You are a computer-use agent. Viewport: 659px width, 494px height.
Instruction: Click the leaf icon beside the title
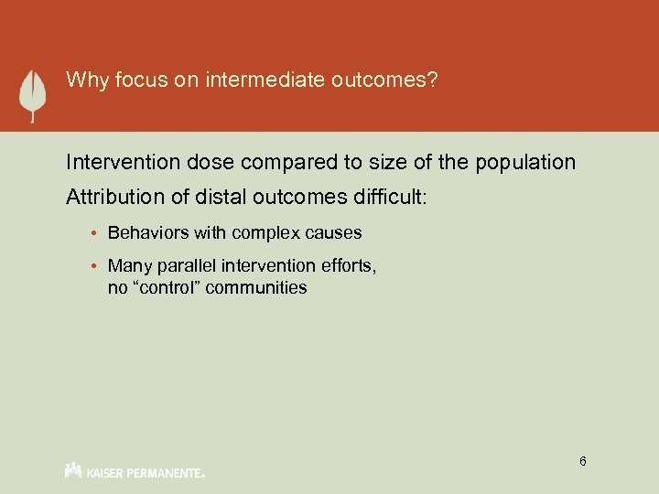pos(34,94)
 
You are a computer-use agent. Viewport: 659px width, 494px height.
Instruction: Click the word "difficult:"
pos(382,198)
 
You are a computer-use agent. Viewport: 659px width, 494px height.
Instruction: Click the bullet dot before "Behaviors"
pos(97,233)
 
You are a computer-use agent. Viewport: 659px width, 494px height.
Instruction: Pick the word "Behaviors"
pos(145,233)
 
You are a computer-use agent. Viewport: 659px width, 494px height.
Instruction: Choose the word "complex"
pos(263,233)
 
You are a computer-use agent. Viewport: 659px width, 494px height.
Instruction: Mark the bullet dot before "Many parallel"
pos(97,267)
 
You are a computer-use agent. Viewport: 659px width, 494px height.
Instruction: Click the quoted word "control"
pos(167,287)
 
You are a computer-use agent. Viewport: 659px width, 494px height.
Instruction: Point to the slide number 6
pos(582,461)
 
